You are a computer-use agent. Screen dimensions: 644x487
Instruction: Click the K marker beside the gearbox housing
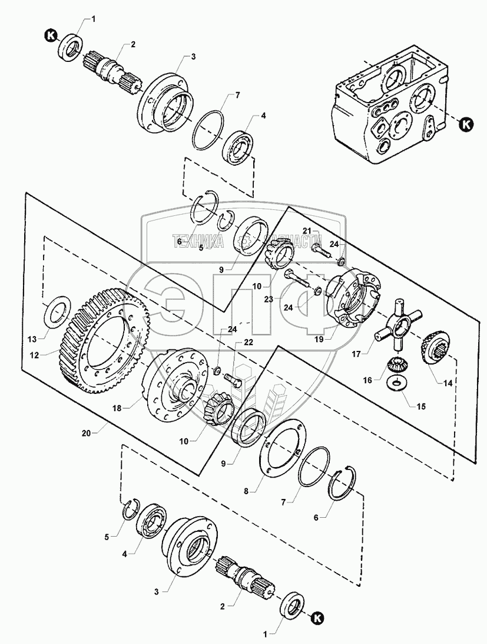(466, 124)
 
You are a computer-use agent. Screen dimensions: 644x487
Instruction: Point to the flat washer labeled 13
(56, 310)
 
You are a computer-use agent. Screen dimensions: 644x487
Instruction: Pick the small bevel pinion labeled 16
(398, 367)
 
